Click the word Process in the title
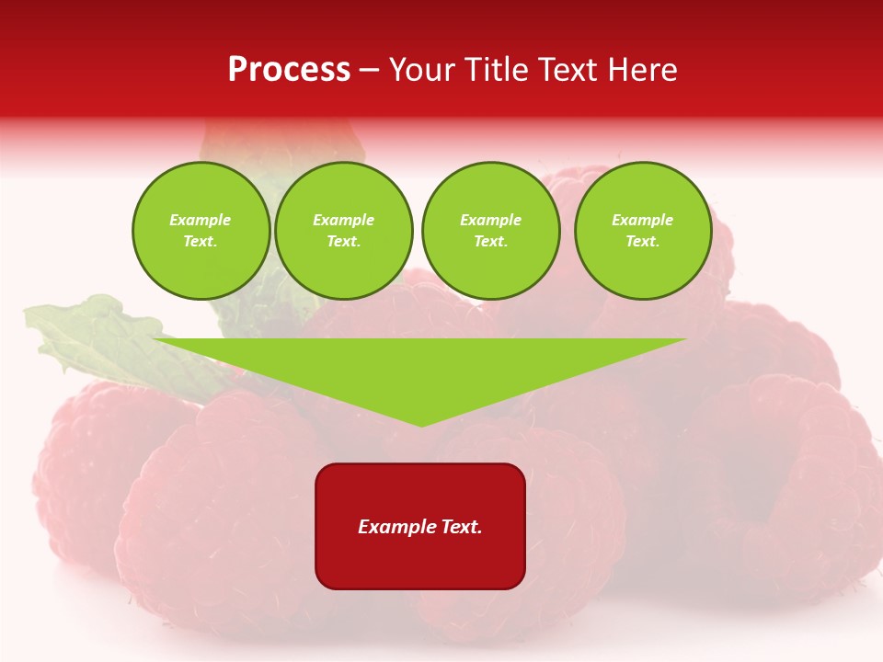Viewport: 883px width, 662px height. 289,70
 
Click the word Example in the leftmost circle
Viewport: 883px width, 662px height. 201,220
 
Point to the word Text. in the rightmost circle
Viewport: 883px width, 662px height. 643,241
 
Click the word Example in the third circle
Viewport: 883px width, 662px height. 490,220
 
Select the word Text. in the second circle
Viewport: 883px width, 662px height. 344,241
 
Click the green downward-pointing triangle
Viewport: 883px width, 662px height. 421,368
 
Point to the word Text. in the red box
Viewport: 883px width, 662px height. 460,527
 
